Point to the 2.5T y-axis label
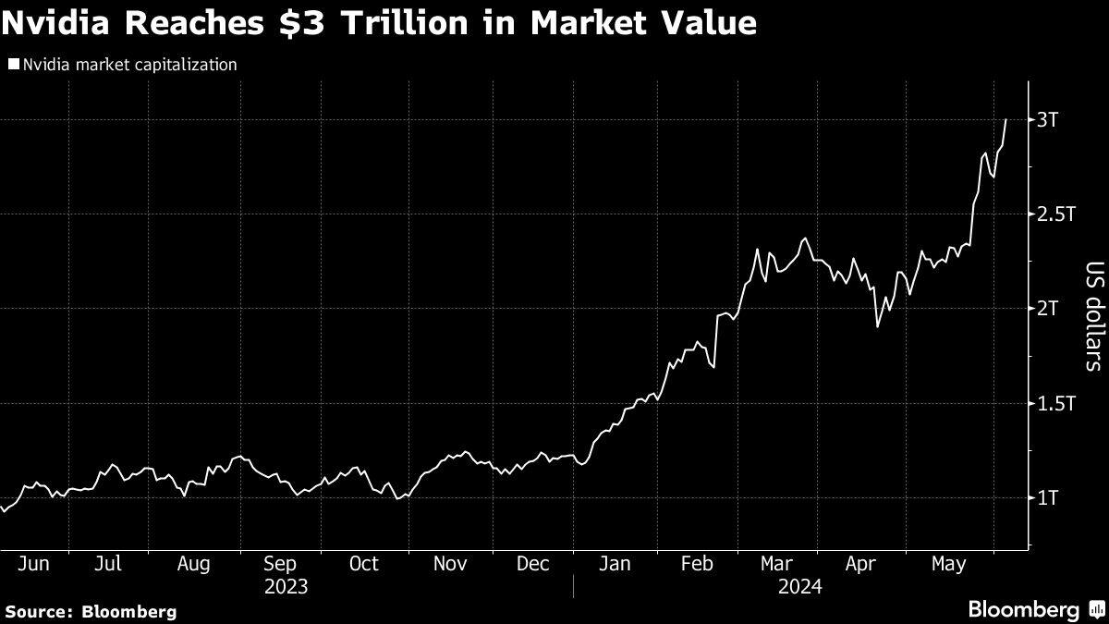[1054, 214]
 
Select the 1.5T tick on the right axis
[1054, 403]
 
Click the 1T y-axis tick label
[1047, 497]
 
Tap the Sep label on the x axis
[279, 564]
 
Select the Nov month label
[449, 564]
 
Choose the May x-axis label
[948, 564]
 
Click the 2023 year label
[286, 586]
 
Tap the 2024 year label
[799, 586]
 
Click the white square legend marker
[13, 65]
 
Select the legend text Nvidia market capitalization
[130, 65]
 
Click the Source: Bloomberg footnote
[91, 611]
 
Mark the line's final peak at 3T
[1005, 119]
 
